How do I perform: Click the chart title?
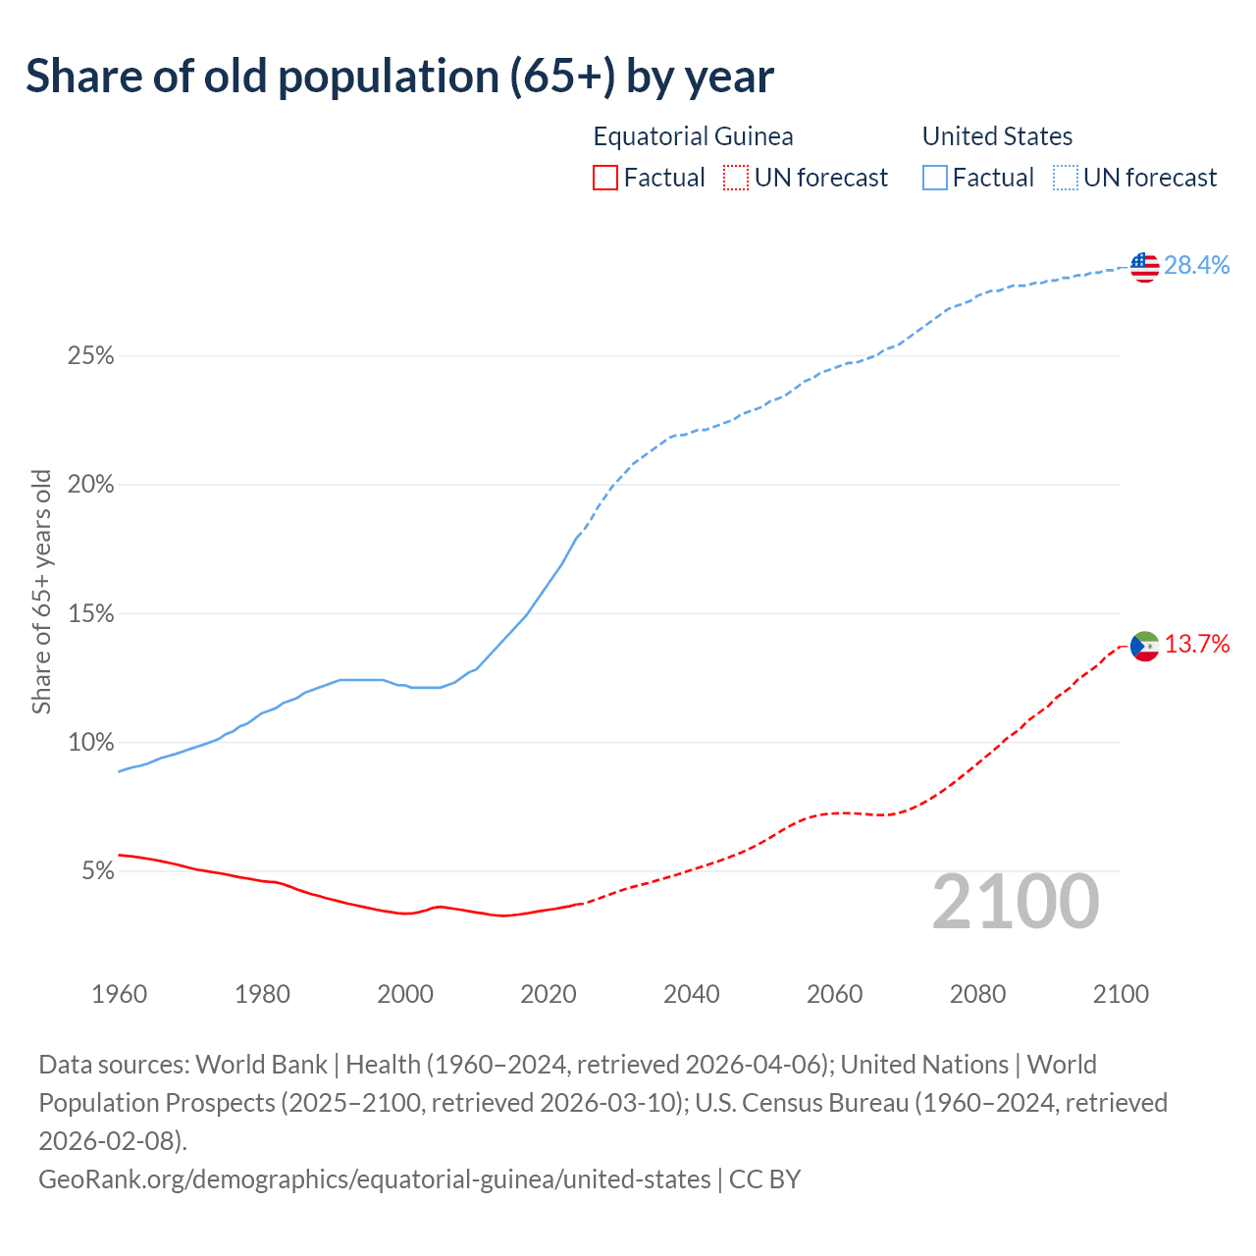pyautogui.click(x=399, y=77)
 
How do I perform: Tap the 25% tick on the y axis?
pyautogui.click(x=90, y=356)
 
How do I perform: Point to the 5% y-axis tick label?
pyautogui.click(x=96, y=871)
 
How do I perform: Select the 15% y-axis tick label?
pyautogui.click(x=90, y=614)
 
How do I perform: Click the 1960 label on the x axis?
pyautogui.click(x=119, y=994)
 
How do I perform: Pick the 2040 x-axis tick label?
pyautogui.click(x=692, y=994)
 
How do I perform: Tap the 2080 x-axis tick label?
pyautogui.click(x=977, y=994)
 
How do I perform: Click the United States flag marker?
pyautogui.click(x=1145, y=266)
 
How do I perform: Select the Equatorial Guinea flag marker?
pyautogui.click(x=1145, y=646)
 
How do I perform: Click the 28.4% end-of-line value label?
pyautogui.click(x=1197, y=265)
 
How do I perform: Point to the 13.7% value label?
pyautogui.click(x=1197, y=644)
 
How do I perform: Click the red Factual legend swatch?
pyautogui.click(x=605, y=178)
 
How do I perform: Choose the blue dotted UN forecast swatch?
pyautogui.click(x=1066, y=178)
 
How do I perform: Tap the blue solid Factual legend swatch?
pyautogui.click(x=935, y=178)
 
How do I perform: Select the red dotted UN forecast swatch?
pyautogui.click(x=736, y=178)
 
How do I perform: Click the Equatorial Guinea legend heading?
pyautogui.click(x=693, y=136)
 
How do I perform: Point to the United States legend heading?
pyautogui.click(x=997, y=136)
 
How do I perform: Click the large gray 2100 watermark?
pyautogui.click(x=1016, y=902)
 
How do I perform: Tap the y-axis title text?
pyautogui.click(x=41, y=592)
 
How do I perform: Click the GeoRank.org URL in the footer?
pyautogui.click(x=374, y=1178)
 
